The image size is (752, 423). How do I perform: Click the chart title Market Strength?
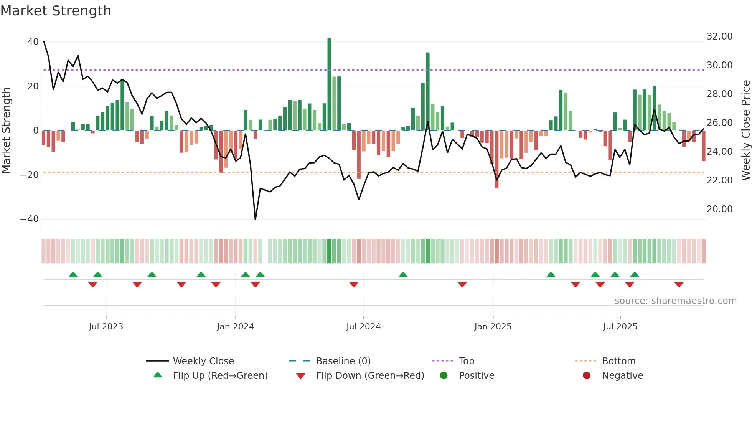pos(56,11)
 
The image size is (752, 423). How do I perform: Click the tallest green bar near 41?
pos(329,84)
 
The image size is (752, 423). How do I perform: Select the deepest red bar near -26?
pos(496,159)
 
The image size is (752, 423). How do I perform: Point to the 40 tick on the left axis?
pos(33,42)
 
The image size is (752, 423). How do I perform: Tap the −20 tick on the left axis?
pos(30,175)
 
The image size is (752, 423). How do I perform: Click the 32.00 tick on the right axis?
pos(719,36)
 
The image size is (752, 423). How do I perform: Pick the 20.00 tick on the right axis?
pos(719,209)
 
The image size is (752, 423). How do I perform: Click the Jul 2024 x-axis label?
pos(363,327)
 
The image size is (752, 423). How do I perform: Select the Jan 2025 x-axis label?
pos(493,327)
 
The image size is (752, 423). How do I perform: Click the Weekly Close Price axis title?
pos(745,131)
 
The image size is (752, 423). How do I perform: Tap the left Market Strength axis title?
pos(7,131)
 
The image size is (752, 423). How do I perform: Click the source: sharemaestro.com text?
pos(675,301)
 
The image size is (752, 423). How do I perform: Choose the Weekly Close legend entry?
pos(203,361)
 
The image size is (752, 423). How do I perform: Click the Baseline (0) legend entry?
pos(343,361)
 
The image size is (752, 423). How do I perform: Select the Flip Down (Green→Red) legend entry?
pos(370,376)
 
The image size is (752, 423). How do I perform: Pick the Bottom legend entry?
pos(618,361)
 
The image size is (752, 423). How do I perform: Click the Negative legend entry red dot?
pos(587,376)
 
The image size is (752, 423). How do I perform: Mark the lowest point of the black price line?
pos(256,220)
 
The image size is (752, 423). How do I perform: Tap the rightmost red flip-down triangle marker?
pos(679,284)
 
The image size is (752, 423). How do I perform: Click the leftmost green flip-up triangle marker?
pos(73,274)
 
